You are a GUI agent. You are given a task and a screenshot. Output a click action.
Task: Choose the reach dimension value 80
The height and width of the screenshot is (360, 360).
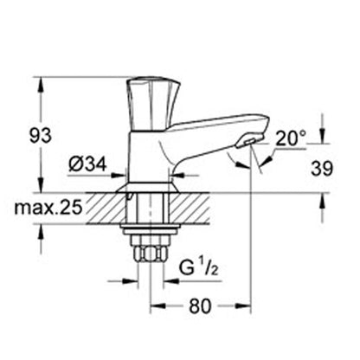(x=201, y=306)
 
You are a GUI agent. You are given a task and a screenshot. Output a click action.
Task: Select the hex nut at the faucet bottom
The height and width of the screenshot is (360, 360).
(x=151, y=254)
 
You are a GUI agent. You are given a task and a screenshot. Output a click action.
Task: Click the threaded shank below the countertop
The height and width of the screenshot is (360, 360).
(x=151, y=212)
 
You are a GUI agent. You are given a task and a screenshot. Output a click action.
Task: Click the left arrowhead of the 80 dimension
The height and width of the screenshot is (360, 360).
(x=157, y=306)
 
